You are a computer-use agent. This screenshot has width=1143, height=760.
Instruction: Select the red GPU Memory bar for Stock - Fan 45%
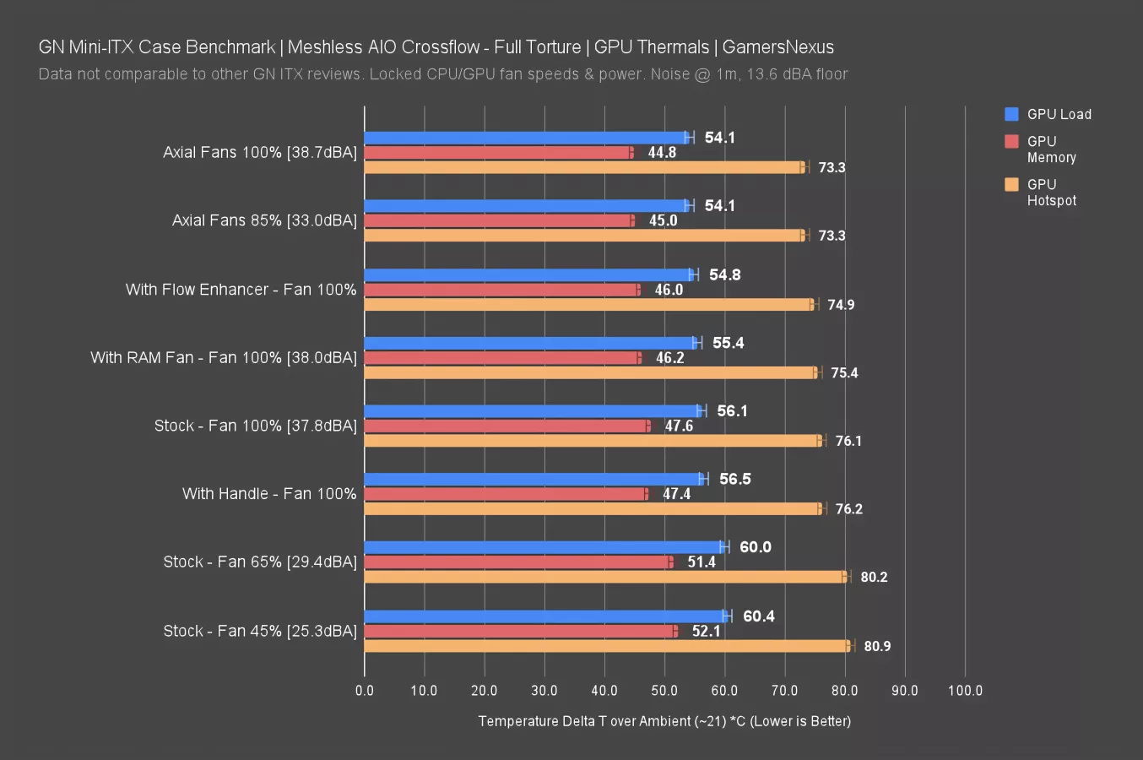coord(519,631)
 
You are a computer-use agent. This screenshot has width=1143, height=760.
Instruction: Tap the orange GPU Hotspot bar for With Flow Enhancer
coord(588,304)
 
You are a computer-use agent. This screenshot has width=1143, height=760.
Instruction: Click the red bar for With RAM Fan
coord(502,358)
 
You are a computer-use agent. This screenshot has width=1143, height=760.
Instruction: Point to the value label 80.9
coord(877,646)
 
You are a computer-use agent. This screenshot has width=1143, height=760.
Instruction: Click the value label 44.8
coord(662,153)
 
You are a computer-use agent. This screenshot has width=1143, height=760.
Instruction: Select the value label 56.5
coord(734,479)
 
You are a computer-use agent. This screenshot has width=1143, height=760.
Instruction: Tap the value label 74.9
coord(841,305)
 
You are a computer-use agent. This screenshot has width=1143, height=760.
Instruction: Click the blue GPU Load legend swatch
coord(1011,114)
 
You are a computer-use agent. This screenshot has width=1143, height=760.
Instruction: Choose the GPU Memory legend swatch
coord(1011,141)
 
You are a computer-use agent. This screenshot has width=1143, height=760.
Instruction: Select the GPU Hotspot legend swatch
coord(1011,184)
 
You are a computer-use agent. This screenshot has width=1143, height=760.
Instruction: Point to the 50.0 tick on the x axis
coord(664,691)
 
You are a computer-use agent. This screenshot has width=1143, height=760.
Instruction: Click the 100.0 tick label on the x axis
coord(965,691)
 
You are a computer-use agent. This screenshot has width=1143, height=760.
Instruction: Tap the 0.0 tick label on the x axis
coord(365,691)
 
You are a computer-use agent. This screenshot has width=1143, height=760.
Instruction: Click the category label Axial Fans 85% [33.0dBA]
coord(264,220)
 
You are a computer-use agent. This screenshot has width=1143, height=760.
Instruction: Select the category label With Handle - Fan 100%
coord(269,494)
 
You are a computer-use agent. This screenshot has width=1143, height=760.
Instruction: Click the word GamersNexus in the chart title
coord(777,47)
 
